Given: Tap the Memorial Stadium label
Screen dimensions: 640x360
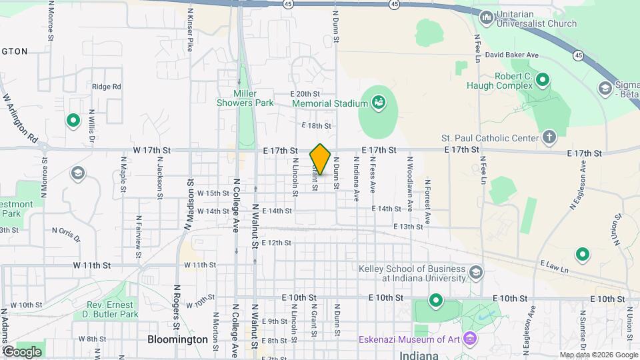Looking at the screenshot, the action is tap(330, 103).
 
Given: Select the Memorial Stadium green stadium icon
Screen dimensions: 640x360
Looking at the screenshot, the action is tap(379, 103).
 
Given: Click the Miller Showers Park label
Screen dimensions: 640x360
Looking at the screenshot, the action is tap(245, 98).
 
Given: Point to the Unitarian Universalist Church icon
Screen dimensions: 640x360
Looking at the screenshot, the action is tap(486, 17).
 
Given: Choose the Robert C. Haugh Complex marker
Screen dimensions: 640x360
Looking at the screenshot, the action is tap(543, 81).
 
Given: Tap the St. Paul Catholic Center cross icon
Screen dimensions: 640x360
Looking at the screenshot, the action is tap(549, 137).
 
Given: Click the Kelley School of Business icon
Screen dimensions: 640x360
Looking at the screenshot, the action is tap(476, 272).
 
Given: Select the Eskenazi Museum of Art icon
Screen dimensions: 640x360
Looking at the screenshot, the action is tap(471, 339).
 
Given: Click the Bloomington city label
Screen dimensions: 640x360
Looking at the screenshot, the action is tap(177, 339).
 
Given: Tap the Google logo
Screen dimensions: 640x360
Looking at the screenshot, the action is tap(22, 351).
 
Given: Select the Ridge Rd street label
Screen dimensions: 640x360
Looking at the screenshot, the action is tap(107, 87).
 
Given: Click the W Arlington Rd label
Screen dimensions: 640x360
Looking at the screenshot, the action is tap(20, 117).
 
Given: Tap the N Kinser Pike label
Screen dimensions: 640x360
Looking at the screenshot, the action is tap(191, 30).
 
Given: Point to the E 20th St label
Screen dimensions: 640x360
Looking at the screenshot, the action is tap(305, 94).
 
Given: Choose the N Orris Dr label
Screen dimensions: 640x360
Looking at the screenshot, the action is tap(66, 235).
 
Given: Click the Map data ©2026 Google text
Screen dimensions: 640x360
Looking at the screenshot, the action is tap(598, 355).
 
